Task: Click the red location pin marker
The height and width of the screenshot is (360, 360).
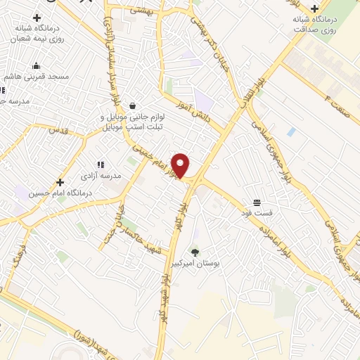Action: tap(181, 165)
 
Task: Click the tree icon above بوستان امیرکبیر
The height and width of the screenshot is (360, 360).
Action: tap(195, 252)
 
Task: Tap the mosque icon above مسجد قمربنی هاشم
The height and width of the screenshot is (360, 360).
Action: tap(35, 67)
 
